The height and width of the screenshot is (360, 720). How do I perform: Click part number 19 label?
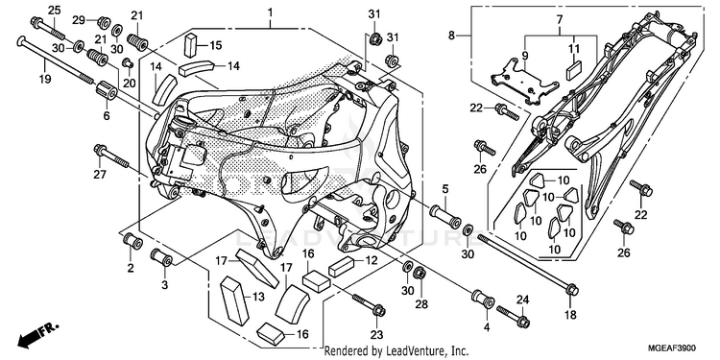(x=44, y=79)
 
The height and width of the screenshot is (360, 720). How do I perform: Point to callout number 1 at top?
(x=271, y=11)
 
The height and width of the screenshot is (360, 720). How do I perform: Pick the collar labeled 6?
(x=107, y=90)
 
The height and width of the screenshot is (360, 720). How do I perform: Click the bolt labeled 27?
(x=111, y=156)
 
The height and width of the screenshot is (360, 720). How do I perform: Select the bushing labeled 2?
(x=132, y=241)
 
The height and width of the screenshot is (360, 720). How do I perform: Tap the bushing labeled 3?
(x=161, y=256)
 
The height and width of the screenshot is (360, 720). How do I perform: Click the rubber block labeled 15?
(x=191, y=44)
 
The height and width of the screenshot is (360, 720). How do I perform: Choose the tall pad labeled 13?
(x=234, y=299)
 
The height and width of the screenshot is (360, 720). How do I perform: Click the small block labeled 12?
(x=340, y=267)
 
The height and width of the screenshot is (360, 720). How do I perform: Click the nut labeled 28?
(x=420, y=275)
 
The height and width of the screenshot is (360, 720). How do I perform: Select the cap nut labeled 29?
(x=104, y=21)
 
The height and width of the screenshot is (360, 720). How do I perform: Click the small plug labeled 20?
(x=127, y=62)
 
